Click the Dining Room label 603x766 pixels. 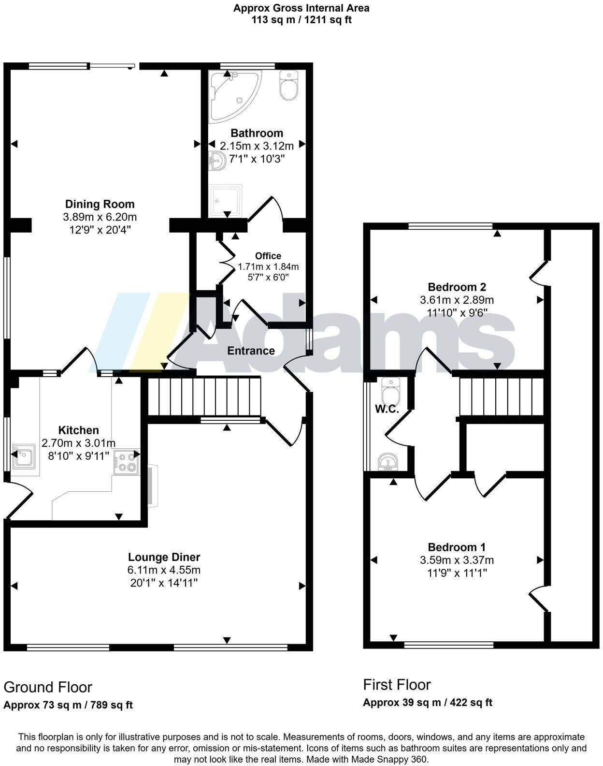100,204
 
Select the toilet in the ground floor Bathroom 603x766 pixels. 289,87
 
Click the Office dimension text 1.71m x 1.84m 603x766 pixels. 268,266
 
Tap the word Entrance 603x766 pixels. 251,351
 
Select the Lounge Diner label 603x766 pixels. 164,557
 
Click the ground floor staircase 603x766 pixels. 203,396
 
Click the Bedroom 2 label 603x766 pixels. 457,287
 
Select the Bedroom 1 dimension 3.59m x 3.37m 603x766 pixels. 457,560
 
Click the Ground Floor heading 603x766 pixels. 48,687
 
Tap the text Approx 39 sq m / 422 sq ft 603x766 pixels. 427,702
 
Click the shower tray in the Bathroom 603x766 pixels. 225,201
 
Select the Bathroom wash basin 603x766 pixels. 217,161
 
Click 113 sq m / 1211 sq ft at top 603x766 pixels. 301,20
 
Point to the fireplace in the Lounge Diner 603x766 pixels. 153,486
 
